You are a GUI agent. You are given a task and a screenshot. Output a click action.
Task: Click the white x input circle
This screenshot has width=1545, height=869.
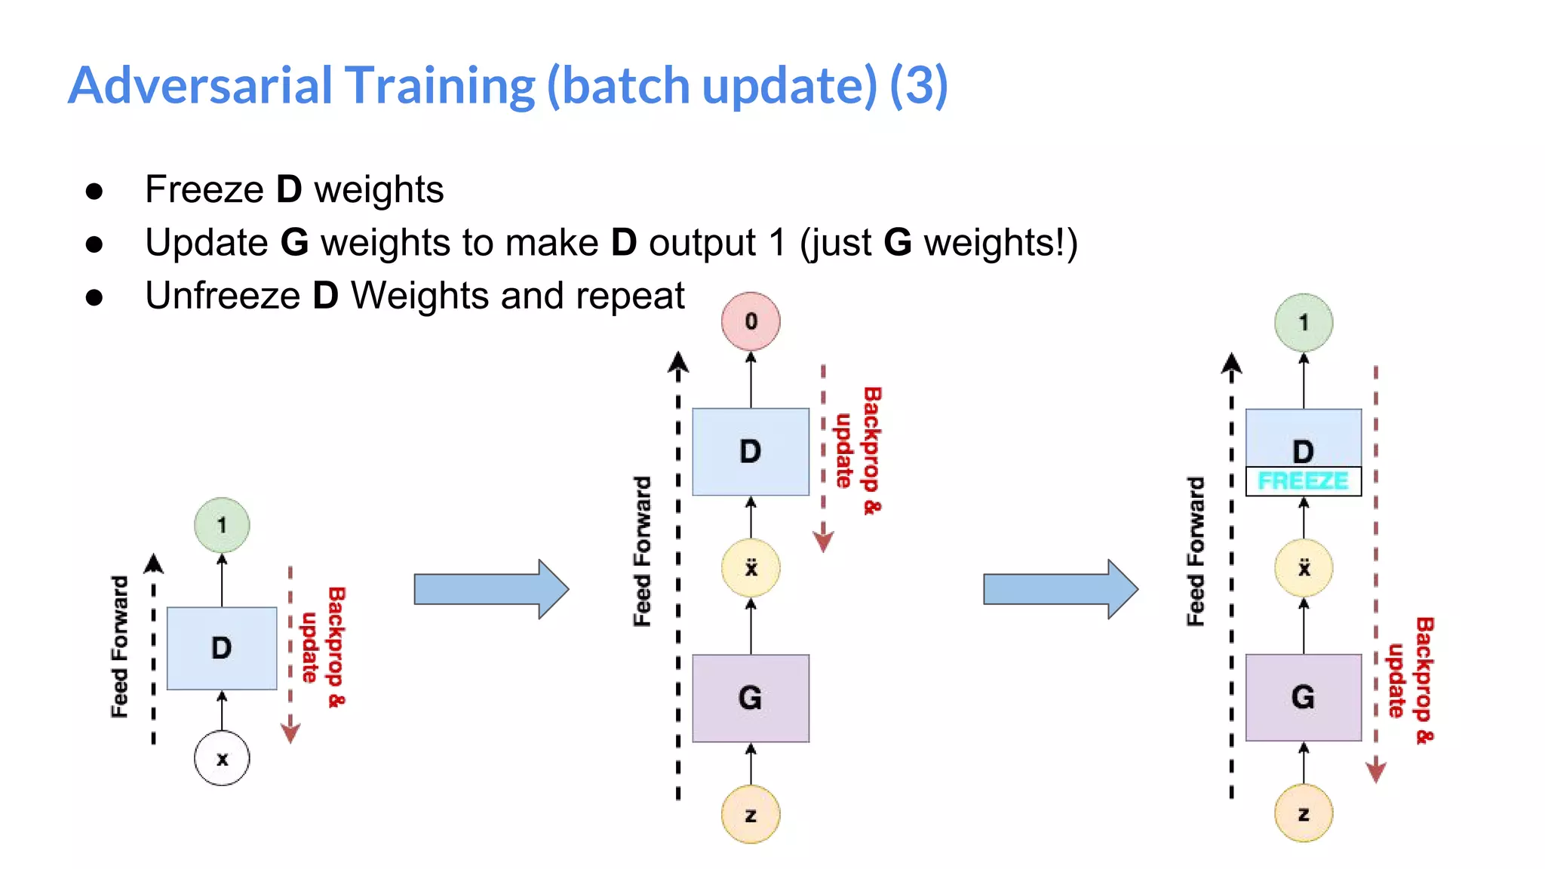[x=221, y=758]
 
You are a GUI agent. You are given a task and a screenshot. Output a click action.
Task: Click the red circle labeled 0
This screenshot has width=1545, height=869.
[x=751, y=321]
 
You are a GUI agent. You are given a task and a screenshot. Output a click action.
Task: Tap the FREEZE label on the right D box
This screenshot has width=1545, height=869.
[x=1303, y=481]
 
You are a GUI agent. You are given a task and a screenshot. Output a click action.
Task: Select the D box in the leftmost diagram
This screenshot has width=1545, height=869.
[x=221, y=648]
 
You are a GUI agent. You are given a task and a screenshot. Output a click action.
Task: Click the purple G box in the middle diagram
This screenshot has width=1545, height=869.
[x=751, y=698]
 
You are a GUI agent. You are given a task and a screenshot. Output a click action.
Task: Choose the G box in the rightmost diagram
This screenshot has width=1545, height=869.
[x=1303, y=697]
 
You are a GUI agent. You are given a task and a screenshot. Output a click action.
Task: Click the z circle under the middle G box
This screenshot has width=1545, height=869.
[x=751, y=815]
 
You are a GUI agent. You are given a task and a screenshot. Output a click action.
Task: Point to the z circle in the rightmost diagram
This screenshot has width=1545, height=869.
[x=1303, y=814]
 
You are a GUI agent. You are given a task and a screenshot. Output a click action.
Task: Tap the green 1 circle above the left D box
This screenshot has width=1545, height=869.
[x=221, y=525]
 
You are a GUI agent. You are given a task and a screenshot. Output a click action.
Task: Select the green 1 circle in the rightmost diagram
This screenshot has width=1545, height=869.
[x=1303, y=323]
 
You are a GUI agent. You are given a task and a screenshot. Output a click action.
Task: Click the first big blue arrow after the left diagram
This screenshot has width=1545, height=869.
[x=490, y=589]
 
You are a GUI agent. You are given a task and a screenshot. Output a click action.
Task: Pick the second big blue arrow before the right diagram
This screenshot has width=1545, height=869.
[x=1060, y=589]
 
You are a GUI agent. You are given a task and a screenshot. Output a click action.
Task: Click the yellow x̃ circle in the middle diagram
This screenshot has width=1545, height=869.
[x=751, y=568]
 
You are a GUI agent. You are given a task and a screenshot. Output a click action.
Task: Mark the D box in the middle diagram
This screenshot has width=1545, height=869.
[x=751, y=452]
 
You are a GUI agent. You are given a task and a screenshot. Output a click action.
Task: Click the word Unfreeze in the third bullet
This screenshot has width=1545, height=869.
[x=223, y=296]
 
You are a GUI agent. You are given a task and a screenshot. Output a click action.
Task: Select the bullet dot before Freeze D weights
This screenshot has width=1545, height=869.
[x=94, y=191]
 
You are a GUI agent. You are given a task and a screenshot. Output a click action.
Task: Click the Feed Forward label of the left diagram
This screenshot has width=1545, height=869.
[x=119, y=646]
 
